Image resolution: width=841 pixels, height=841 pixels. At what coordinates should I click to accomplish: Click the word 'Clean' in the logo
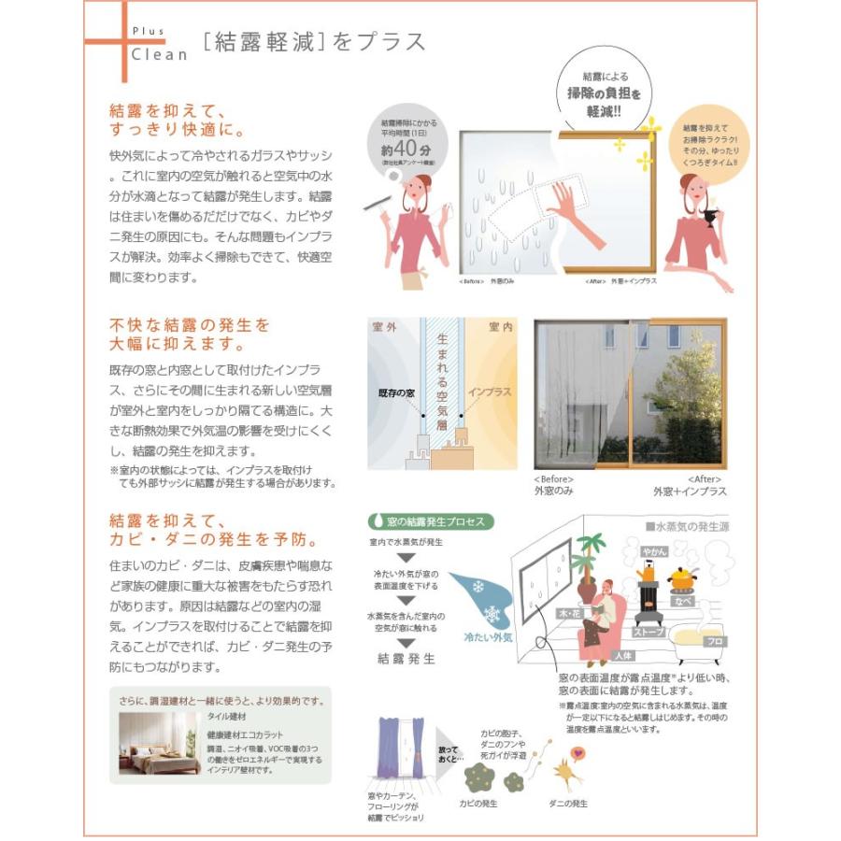click(x=159, y=54)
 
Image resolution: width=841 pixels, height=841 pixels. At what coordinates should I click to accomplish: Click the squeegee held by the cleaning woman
click(x=378, y=201)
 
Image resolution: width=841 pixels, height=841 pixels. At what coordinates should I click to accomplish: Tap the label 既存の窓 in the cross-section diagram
click(x=396, y=393)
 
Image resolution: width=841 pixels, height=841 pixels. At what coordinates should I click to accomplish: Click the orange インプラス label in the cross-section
click(x=489, y=392)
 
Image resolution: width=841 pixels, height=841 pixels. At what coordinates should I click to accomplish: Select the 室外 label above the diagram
click(x=385, y=327)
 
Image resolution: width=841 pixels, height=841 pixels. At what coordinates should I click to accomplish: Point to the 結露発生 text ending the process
click(x=406, y=658)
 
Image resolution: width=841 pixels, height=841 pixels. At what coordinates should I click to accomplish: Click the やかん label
click(x=654, y=551)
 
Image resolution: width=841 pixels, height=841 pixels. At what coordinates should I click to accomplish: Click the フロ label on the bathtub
click(x=713, y=641)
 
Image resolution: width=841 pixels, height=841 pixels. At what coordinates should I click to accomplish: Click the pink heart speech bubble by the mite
click(x=577, y=752)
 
